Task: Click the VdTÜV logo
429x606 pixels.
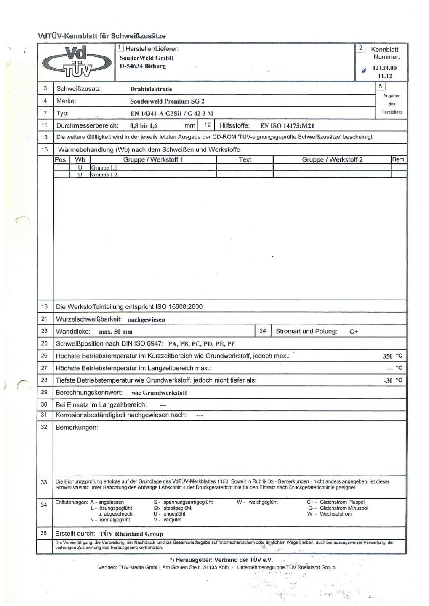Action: [76, 62]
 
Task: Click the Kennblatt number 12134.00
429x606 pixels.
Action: [384, 68]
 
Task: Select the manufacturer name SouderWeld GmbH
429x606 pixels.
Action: [147, 58]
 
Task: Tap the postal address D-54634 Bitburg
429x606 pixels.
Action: [143, 66]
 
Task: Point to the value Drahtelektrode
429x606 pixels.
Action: [151, 89]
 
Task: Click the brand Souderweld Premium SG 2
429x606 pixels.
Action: [167, 101]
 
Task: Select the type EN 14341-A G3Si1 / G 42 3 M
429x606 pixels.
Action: [171, 114]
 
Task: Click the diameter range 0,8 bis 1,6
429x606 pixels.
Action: [144, 125]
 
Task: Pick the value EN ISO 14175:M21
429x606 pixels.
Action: [287, 125]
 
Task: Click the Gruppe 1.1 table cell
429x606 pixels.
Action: [104, 167]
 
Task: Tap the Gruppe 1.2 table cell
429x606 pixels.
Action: [104, 174]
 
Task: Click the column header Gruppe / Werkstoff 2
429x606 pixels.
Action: [332, 160]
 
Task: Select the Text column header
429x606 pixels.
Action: [245, 160]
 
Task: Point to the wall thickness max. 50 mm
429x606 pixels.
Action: [115, 332]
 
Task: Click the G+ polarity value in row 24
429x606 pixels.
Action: [354, 332]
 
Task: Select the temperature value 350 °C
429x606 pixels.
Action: [392, 356]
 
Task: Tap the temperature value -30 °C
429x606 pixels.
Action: [393, 380]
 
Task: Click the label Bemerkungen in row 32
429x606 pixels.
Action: [77, 428]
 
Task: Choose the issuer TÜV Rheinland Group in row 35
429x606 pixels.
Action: [131, 534]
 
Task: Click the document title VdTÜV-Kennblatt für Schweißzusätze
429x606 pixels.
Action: [102, 36]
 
